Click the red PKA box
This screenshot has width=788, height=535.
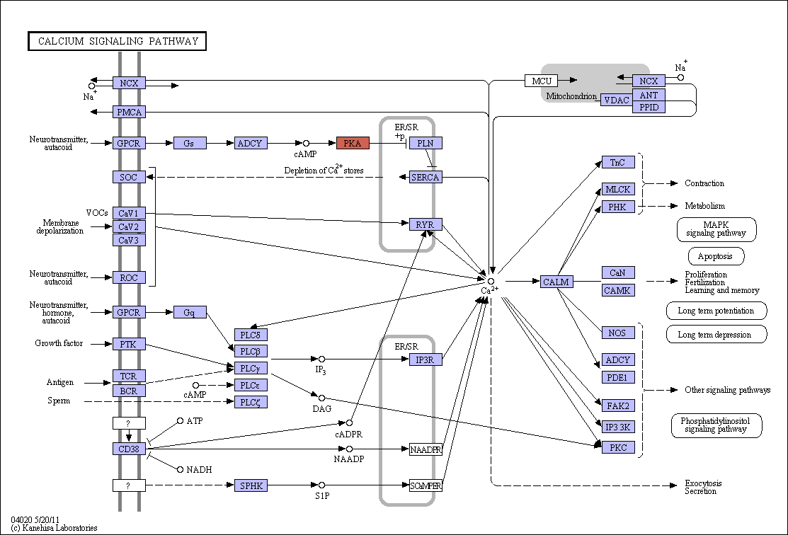click(x=353, y=143)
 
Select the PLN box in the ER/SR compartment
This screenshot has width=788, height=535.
click(x=426, y=143)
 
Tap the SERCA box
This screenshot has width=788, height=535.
click(x=426, y=177)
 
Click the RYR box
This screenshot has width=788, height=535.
click(x=426, y=224)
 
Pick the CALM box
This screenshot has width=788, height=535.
click(x=556, y=282)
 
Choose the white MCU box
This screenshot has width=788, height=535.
click(x=541, y=81)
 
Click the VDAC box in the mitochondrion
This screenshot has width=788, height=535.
click(x=617, y=100)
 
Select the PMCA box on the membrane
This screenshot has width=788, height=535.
click(x=129, y=112)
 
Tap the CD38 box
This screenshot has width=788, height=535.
click(x=129, y=449)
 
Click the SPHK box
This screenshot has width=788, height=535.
click(x=251, y=485)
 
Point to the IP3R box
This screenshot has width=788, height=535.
click(x=426, y=359)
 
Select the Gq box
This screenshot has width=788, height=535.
click(x=190, y=313)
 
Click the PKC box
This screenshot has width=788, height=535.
click(x=618, y=447)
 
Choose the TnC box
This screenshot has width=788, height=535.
click(x=618, y=162)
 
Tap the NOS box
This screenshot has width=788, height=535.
click(x=618, y=333)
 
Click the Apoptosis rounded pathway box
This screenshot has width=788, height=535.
click(x=716, y=256)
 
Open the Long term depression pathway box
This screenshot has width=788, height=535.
click(x=716, y=335)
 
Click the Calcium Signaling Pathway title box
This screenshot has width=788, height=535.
click(x=117, y=41)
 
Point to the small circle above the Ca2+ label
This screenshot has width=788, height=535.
click(x=491, y=282)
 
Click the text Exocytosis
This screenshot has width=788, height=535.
click(x=703, y=483)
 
